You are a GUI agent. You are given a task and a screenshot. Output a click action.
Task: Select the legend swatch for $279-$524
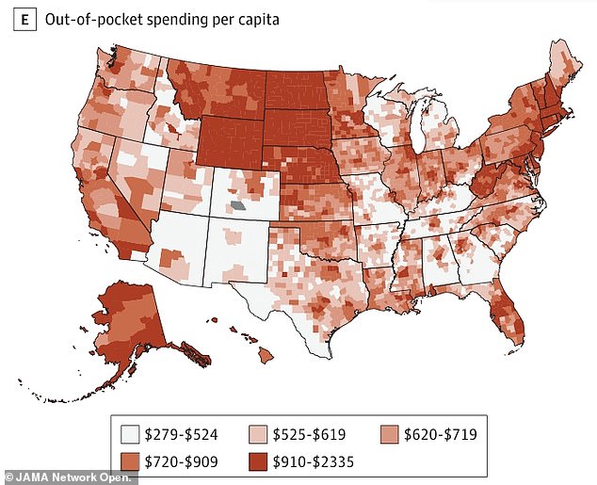pos(130,434)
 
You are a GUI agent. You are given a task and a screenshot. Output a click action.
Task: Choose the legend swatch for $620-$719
pos(389,434)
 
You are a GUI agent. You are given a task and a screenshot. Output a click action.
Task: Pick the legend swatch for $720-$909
pos(130,462)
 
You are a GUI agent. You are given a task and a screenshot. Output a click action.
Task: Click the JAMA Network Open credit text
pos(70,476)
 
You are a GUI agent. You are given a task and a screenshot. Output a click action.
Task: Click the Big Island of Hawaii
pos(266,353)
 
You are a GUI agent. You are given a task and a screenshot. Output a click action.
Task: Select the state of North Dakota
pos(297,89)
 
